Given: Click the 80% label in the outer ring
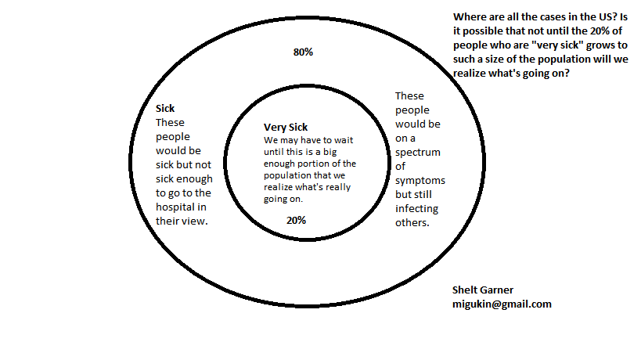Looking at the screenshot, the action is coord(303,52).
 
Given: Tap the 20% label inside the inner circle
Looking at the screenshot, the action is coord(296,220).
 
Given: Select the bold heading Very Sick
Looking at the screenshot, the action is coord(286,127).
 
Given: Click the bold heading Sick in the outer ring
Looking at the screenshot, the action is coord(165,109).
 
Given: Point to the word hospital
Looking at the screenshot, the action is coord(177,207).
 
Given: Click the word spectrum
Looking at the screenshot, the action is coord(418,152).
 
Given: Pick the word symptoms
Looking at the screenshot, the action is coord(421,180).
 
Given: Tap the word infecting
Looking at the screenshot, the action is coord(416,208).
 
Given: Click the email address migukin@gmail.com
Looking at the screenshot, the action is coord(502,304).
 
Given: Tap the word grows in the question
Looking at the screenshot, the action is coord(584,45).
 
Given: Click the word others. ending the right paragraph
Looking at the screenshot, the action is coord(412,222).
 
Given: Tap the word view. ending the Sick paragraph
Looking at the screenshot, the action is coord(196,221).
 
